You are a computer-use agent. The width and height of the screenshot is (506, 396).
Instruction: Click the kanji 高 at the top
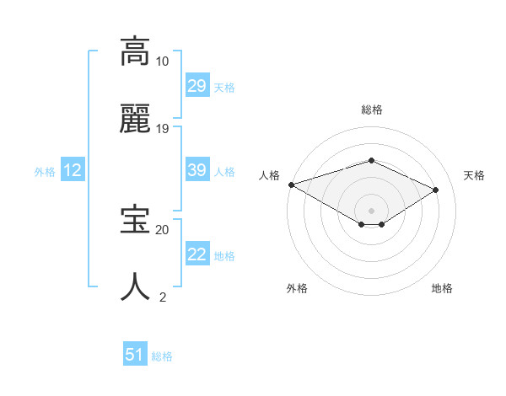pos(136,51)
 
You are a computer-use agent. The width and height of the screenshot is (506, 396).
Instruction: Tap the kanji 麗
pos(136,120)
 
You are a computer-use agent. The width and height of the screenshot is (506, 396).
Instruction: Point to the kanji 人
pos(136,287)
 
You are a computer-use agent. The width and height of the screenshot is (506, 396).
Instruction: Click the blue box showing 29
pos(196,86)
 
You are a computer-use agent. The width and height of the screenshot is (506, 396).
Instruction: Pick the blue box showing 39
pos(196,170)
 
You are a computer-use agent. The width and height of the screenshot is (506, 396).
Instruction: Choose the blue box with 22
pos(196,254)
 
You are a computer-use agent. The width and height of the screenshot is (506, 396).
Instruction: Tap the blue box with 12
pos(72,170)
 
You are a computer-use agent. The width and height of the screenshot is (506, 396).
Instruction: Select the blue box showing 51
pos(135,355)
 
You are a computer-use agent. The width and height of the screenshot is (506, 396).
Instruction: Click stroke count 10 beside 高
pos(162,62)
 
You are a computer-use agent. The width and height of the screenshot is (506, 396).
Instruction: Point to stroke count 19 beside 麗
pos(162,129)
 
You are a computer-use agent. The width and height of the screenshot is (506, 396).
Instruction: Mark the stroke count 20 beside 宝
pos(162,229)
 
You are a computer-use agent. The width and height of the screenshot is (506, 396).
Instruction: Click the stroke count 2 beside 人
pos(162,297)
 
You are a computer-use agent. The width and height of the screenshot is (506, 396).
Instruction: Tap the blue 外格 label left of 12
pos(44,171)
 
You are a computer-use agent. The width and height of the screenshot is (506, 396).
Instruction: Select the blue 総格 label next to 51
pos(161,356)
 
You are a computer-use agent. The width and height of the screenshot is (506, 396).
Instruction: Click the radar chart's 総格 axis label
pos(371,110)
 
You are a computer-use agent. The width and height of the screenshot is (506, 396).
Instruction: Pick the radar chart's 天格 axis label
pos(474,175)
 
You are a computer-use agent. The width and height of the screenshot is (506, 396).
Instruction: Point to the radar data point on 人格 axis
pos(291,185)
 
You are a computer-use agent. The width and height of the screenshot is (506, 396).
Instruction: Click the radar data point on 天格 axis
pos(436,190)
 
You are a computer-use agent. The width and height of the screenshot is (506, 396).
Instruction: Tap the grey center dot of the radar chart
pos(371,210)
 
